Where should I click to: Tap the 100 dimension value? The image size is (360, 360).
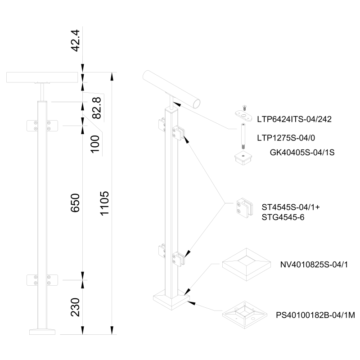[x=94, y=143]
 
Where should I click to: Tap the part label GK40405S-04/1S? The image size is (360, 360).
[x=302, y=153]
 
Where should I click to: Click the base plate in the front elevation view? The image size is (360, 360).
[x=43, y=332]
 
